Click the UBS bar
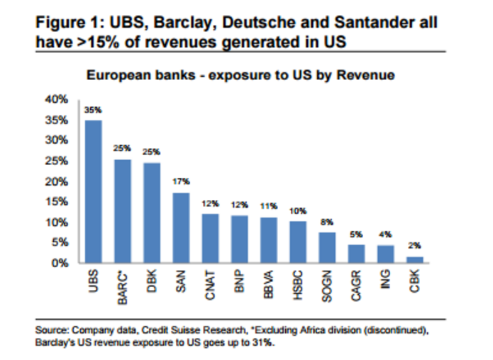93,191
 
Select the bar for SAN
181,227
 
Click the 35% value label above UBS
93,110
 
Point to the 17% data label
181,181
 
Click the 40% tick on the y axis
58,99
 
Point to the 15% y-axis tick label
58,202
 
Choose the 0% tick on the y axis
61,263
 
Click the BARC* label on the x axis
122,287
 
